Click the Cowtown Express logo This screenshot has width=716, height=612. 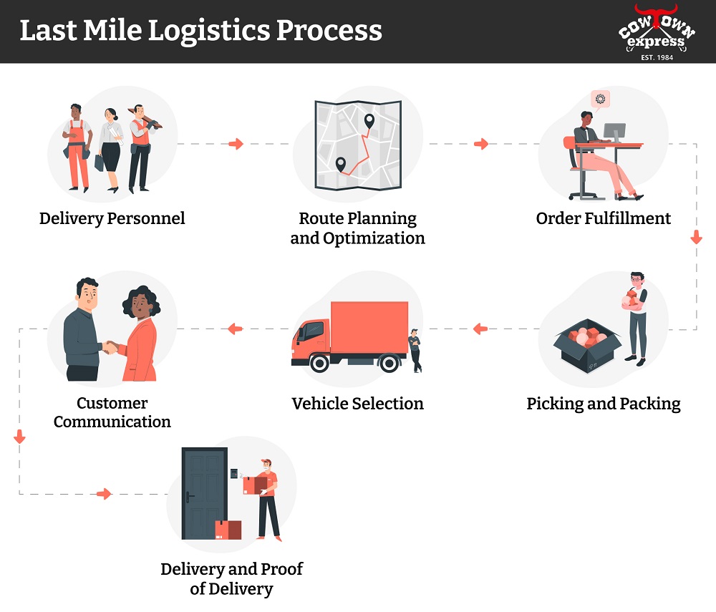tap(657, 32)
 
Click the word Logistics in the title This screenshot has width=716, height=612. tap(209, 31)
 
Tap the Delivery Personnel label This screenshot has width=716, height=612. tap(112, 218)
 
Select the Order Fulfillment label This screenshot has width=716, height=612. tap(603, 218)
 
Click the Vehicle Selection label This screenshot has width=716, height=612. tap(357, 404)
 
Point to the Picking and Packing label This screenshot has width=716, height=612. tap(603, 404)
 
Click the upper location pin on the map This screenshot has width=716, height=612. tap(369, 121)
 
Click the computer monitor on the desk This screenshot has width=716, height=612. tap(614, 132)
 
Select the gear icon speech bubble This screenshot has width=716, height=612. tap(600, 99)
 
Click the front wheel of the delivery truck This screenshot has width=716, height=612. tap(319, 363)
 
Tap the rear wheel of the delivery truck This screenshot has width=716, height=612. tap(389, 363)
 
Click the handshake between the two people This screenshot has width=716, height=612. tap(110, 347)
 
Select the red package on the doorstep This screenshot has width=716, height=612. tap(228, 530)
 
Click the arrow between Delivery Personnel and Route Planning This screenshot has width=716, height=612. tap(236, 144)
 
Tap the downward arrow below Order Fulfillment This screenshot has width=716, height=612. tap(697, 237)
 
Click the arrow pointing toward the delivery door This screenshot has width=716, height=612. tap(104, 494)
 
